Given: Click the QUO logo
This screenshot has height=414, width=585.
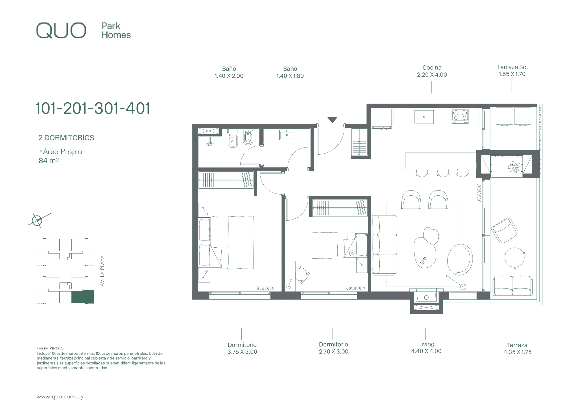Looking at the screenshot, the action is pyautogui.click(x=61, y=31).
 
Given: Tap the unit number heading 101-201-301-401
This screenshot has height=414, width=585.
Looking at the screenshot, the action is pyautogui.click(x=93, y=108).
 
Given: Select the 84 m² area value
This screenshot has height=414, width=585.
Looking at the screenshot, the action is pyautogui.click(x=49, y=161).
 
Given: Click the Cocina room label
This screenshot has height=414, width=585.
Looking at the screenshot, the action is pyautogui.click(x=432, y=68).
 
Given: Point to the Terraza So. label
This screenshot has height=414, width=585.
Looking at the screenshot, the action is pyautogui.click(x=512, y=67).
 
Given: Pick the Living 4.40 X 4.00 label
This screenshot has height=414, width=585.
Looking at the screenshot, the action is pyautogui.click(x=426, y=348).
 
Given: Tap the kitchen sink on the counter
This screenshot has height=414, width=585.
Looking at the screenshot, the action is pyautogui.click(x=424, y=117).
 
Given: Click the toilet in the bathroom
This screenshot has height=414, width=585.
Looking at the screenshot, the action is pyautogui.click(x=233, y=139).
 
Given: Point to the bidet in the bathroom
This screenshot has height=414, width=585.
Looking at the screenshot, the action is pyautogui.click(x=248, y=138).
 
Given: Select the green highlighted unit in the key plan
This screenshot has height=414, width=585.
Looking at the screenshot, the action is pyautogui.click(x=83, y=297).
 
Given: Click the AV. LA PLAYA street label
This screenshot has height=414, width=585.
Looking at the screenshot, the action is pyautogui.click(x=102, y=271).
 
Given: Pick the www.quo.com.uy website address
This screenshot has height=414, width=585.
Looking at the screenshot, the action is pyautogui.click(x=60, y=397).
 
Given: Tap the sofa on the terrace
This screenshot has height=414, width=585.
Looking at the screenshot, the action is pyautogui.click(x=513, y=286).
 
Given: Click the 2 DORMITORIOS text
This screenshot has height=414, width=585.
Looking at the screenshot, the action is pyautogui.click(x=66, y=138).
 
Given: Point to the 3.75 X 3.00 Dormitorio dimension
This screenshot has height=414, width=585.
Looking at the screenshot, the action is pyautogui.click(x=242, y=352).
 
